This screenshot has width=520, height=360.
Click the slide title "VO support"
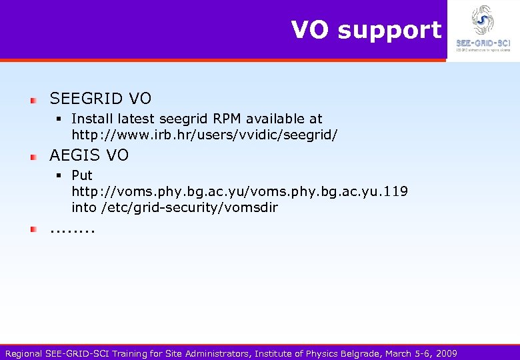366,30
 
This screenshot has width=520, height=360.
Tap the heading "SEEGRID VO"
101,99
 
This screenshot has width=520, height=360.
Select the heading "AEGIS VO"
89,155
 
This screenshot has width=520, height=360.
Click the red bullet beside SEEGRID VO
32,100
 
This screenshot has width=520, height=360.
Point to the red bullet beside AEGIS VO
32,157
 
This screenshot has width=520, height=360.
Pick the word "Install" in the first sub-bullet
91,119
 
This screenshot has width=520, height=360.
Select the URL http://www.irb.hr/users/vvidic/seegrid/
205,135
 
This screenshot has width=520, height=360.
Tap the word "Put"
82,175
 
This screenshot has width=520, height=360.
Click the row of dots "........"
73,231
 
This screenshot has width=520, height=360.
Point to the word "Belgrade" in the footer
364,353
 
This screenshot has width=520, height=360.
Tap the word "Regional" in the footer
23,353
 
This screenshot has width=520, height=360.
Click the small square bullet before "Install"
59,119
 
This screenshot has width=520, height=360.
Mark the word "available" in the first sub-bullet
269,119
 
